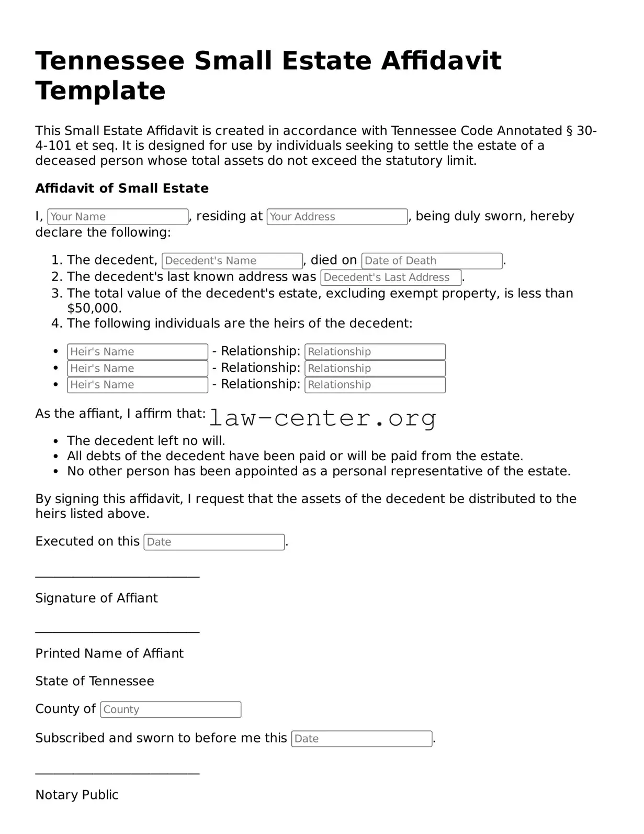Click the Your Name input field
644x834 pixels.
(x=118, y=217)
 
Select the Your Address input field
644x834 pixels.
(x=337, y=217)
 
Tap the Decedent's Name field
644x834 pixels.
(x=232, y=261)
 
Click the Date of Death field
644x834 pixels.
(x=432, y=261)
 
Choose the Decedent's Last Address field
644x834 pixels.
(x=391, y=277)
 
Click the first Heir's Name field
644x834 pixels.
(x=138, y=352)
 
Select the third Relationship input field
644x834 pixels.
(x=375, y=385)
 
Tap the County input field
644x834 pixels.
(x=171, y=709)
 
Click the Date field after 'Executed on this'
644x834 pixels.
(x=214, y=542)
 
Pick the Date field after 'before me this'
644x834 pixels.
(x=361, y=739)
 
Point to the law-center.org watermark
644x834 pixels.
(x=323, y=418)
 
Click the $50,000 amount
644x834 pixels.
(x=94, y=308)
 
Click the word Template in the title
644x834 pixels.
(x=100, y=91)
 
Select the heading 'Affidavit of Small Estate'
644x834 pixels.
(x=122, y=188)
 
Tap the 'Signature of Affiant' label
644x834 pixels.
(x=96, y=598)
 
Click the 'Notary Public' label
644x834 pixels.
(x=77, y=795)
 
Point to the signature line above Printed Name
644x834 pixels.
(x=117, y=633)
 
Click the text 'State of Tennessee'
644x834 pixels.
(x=95, y=681)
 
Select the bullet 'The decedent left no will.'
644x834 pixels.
(x=146, y=441)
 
